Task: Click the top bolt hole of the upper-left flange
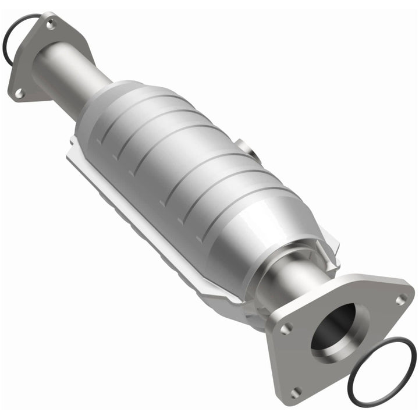tap(51, 25)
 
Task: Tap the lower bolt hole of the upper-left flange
tap(18, 92)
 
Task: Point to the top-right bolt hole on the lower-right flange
tap(400, 299)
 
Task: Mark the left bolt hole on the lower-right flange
tap(285, 329)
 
